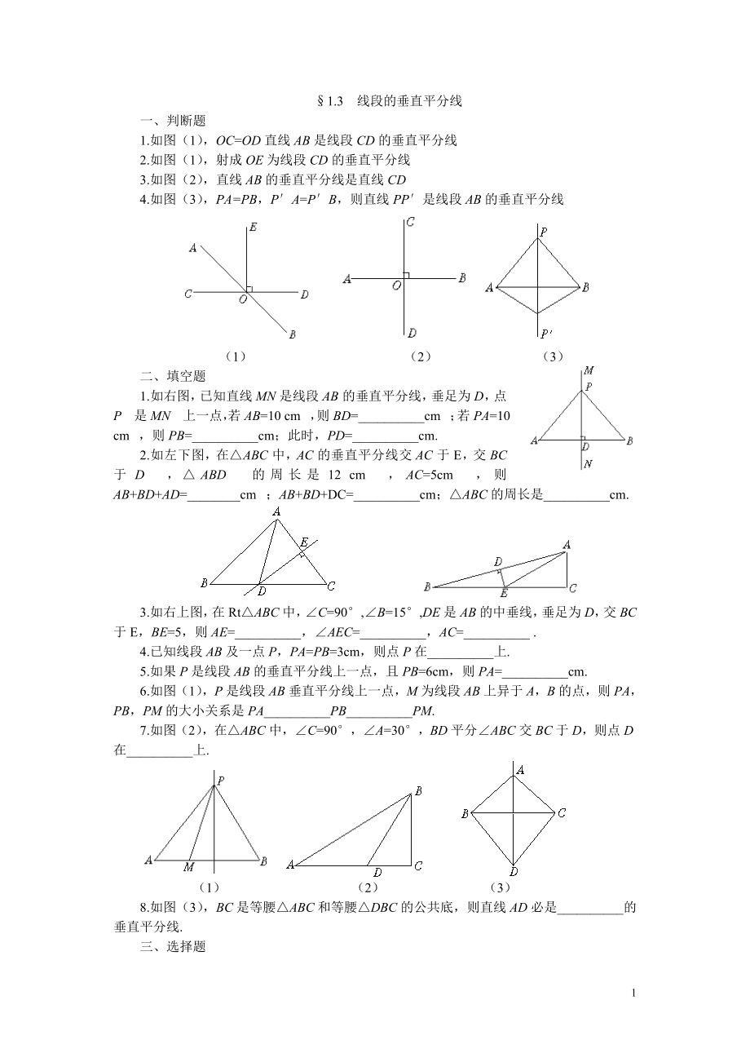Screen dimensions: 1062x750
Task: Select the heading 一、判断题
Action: [173, 122]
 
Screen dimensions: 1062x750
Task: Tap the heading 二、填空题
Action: [173, 376]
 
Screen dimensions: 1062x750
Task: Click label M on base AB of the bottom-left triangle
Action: [188, 866]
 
